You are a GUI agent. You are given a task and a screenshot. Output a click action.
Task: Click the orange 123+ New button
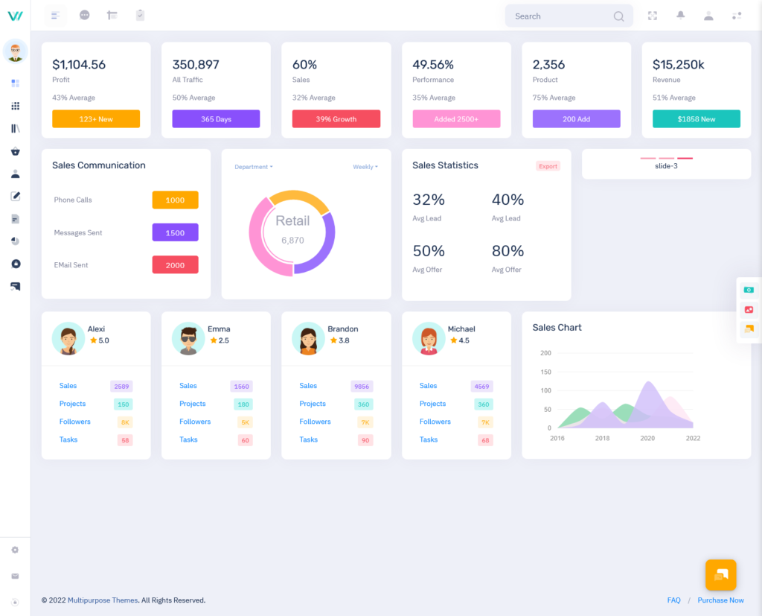click(96, 119)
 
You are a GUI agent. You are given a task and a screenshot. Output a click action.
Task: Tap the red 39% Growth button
click(336, 119)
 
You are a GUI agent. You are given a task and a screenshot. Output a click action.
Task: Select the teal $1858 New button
click(696, 119)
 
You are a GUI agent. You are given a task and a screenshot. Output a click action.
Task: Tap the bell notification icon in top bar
click(680, 16)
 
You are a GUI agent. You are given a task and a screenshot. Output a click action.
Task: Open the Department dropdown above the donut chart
click(253, 167)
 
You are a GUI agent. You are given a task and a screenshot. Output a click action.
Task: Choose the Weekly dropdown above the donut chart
click(365, 167)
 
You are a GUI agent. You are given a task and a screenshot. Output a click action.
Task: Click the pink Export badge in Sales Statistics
click(548, 166)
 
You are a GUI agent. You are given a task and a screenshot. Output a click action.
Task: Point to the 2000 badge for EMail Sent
click(175, 265)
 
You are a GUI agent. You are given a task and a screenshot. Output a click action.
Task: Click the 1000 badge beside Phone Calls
click(175, 200)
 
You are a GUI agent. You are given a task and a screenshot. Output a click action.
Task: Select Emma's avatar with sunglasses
click(188, 339)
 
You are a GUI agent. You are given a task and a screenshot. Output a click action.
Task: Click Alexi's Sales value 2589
click(121, 387)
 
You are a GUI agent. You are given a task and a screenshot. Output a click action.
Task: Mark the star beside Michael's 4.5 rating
click(454, 340)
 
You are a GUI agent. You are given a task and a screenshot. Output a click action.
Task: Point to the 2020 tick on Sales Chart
click(647, 439)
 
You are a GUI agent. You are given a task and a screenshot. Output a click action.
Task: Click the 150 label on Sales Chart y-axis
click(545, 372)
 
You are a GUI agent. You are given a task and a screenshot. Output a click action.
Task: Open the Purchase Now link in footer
click(720, 600)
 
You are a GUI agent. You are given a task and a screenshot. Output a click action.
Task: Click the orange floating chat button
click(720, 575)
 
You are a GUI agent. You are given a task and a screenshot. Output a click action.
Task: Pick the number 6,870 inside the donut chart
click(292, 241)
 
